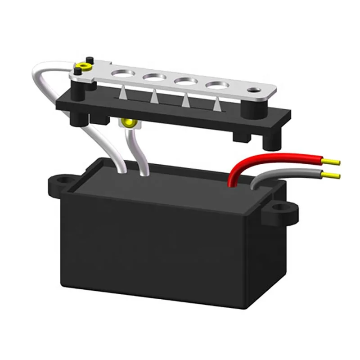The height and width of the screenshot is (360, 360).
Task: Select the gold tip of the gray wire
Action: point(333,175)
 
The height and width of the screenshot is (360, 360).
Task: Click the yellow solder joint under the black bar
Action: point(130,122)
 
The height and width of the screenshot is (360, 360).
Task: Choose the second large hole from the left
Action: point(153,77)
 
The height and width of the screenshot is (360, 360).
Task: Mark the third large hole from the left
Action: point(184,82)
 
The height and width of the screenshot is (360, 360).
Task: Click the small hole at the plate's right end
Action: point(258,91)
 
